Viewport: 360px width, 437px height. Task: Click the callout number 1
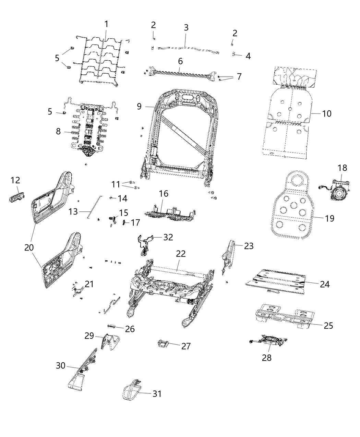coord(106,24)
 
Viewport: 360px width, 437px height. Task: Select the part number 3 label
coord(186,27)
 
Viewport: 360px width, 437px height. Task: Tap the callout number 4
coord(248,56)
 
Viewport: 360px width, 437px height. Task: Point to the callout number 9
coord(139,106)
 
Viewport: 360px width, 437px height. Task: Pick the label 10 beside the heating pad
coord(327,113)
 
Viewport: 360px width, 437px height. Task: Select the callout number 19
coord(329,218)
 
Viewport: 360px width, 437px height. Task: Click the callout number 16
coord(164,194)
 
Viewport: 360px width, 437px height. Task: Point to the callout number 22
coord(181,254)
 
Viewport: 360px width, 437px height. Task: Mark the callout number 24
coord(325,284)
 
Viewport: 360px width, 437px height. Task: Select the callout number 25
coord(328,325)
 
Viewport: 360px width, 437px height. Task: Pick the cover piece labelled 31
coord(132,391)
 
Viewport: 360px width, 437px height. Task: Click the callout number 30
coord(60,366)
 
